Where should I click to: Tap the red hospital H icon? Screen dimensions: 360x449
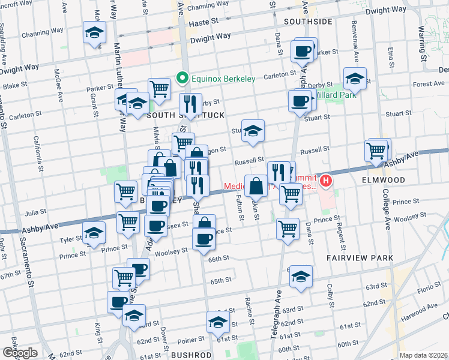pos(326,179)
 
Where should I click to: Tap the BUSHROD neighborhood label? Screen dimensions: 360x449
pos(191,355)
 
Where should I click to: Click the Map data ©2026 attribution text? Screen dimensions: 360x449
pos(423,355)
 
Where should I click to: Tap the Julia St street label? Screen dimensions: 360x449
pos(36,212)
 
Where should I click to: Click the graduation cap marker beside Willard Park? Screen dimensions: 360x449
pos(355,79)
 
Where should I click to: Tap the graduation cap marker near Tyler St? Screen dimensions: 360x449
pos(94,233)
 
